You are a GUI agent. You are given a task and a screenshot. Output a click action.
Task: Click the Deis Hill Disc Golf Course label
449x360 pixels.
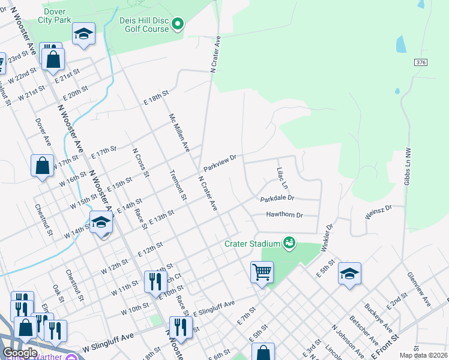(x=143, y=25)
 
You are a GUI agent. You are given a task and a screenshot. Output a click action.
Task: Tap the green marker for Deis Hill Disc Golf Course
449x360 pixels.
(x=177, y=24)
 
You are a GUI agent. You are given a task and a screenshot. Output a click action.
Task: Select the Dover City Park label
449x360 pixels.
(x=55, y=16)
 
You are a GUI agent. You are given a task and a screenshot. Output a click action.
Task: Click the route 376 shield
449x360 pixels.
(x=420, y=62)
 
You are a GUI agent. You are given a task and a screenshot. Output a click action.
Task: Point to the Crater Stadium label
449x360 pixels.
(x=253, y=244)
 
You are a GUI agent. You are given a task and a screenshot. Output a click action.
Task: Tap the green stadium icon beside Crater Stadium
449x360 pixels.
(x=289, y=242)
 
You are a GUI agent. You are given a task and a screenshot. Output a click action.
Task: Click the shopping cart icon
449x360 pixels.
(x=262, y=272)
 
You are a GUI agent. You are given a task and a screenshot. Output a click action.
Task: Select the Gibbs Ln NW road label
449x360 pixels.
(x=407, y=167)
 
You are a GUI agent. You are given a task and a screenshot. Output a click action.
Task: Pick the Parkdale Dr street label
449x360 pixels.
(x=277, y=198)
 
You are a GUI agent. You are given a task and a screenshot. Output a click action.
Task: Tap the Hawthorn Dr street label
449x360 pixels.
(x=285, y=215)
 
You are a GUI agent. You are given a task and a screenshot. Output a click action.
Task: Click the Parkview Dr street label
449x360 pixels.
(x=220, y=162)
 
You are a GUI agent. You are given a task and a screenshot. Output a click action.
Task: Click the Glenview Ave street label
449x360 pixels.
(x=418, y=288)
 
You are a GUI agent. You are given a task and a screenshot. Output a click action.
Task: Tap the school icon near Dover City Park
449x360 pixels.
(x=83, y=34)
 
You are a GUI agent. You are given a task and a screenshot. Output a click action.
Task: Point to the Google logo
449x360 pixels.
(x=20, y=353)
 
